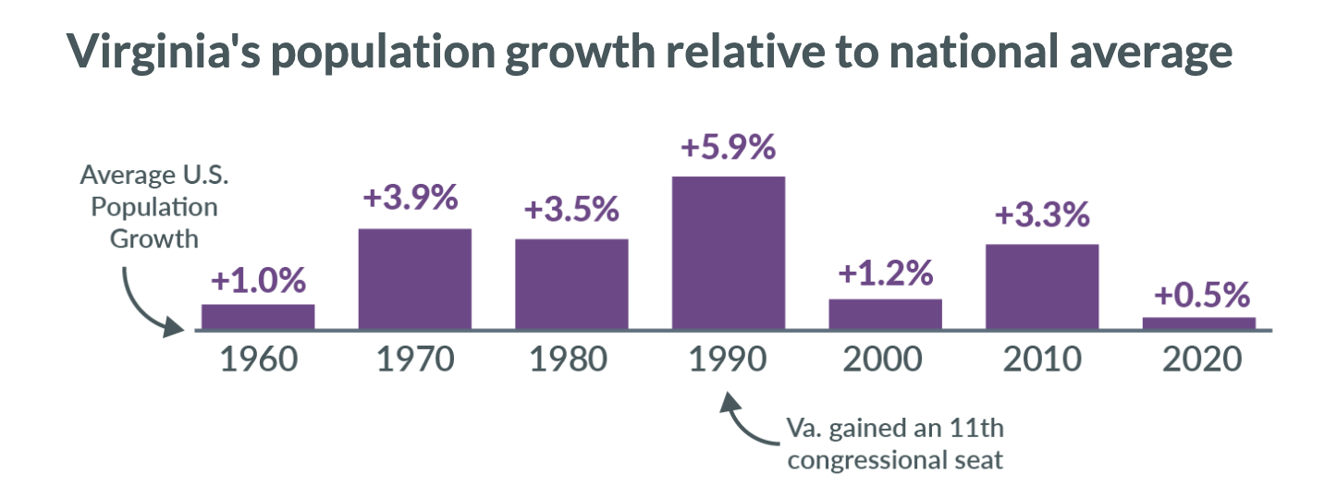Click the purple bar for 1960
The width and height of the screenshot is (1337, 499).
click(x=258, y=317)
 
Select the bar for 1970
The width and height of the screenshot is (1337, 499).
click(x=414, y=278)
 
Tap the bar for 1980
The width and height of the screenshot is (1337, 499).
click(x=571, y=284)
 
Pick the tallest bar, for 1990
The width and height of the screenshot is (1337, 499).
click(x=729, y=252)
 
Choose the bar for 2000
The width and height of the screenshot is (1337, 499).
click(x=885, y=314)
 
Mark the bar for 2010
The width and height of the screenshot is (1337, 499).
click(x=1042, y=286)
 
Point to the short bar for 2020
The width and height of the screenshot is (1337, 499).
click(x=1199, y=323)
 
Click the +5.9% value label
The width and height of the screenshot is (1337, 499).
click(x=729, y=147)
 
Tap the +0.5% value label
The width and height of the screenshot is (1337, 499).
click(x=1201, y=296)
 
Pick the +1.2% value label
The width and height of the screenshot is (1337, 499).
click(x=885, y=274)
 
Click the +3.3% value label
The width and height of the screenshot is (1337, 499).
click(x=1042, y=215)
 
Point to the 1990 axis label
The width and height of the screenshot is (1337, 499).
click(x=729, y=359)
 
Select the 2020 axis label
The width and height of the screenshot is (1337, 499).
click(x=1199, y=359)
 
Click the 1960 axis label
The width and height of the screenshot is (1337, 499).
click(x=258, y=359)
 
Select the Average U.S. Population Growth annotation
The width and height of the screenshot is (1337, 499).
click(x=148, y=206)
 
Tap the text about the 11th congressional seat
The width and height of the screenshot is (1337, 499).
click(x=894, y=444)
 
